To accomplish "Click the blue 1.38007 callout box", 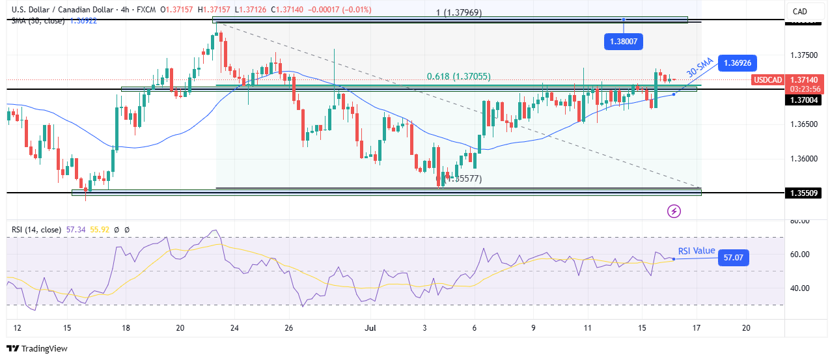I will pyautogui.click(x=623, y=41).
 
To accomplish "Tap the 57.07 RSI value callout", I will pyautogui.click(x=733, y=258).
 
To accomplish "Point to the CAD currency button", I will pyautogui.click(x=799, y=11).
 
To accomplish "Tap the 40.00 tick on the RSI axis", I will pyautogui.click(x=799, y=288).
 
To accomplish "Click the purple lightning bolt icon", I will pyautogui.click(x=674, y=211).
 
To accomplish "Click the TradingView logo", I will pyautogui.click(x=37, y=349).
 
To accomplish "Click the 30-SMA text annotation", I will pyautogui.click(x=700, y=68).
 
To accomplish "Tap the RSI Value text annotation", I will pyautogui.click(x=697, y=251).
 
